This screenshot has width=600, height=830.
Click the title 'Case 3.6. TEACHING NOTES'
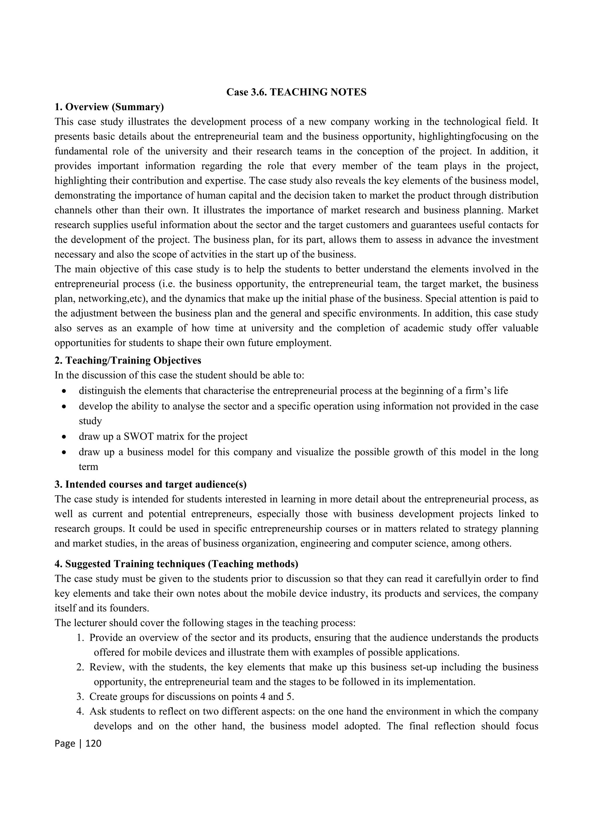(296, 92)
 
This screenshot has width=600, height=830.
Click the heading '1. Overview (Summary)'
(109, 107)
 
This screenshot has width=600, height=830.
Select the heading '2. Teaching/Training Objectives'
(128, 361)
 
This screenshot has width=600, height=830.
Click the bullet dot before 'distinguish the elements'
(64, 391)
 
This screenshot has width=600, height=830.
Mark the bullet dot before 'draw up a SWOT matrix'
(64, 437)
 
